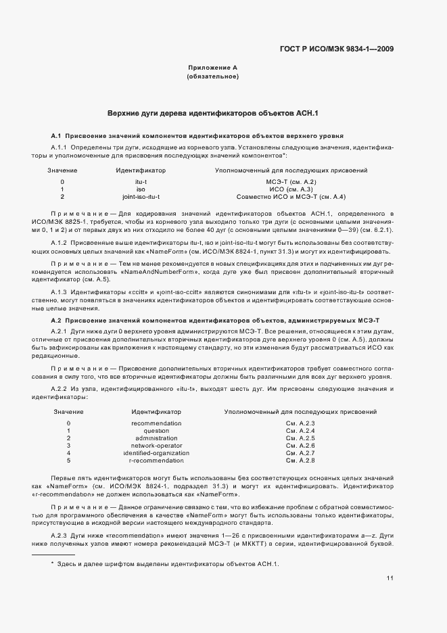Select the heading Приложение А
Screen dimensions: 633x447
pos(212,68)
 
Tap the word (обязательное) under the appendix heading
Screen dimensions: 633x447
pos(212,76)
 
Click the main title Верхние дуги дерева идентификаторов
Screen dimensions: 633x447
pos(213,113)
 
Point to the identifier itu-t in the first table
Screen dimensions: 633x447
pos(141,182)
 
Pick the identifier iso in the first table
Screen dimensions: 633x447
pos(141,189)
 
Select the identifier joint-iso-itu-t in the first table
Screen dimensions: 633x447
pos(141,197)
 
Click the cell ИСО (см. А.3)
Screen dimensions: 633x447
pos(291,189)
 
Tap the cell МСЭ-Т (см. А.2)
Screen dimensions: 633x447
pos(291,182)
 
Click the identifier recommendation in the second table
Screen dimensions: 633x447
pos(156,423)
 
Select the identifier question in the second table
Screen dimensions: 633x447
pos(156,431)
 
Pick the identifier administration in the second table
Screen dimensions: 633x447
pos(156,438)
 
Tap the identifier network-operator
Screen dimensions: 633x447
pos(156,446)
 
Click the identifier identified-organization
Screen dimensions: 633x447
pos(156,453)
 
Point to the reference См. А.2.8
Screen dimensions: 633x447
pos(301,461)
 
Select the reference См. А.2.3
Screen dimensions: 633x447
pos(301,423)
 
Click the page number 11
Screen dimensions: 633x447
pos(390,578)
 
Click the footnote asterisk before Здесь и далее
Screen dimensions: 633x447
pos(52,564)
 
